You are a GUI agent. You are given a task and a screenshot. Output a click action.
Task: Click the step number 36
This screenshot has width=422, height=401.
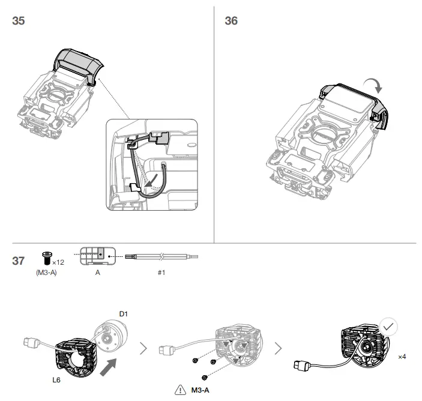231,21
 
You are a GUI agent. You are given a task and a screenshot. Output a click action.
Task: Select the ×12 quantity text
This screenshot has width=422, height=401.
58,262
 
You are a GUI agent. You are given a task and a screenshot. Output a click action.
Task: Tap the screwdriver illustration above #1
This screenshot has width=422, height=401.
161,256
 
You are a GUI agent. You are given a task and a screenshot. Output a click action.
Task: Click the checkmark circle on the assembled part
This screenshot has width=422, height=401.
388,327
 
